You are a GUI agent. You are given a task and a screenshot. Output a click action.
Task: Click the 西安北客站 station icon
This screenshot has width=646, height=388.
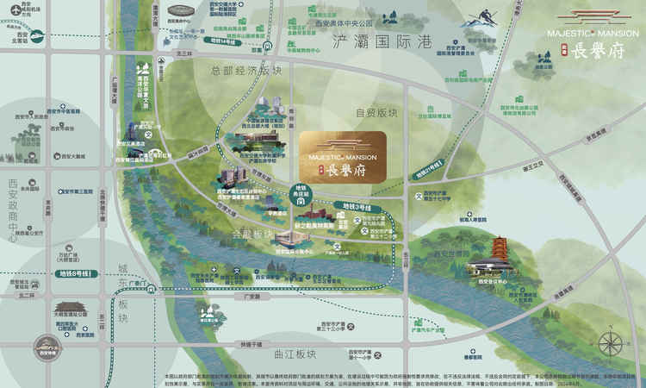(15, 36)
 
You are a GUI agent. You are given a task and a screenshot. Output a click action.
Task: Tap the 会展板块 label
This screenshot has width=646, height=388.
(252, 235)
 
